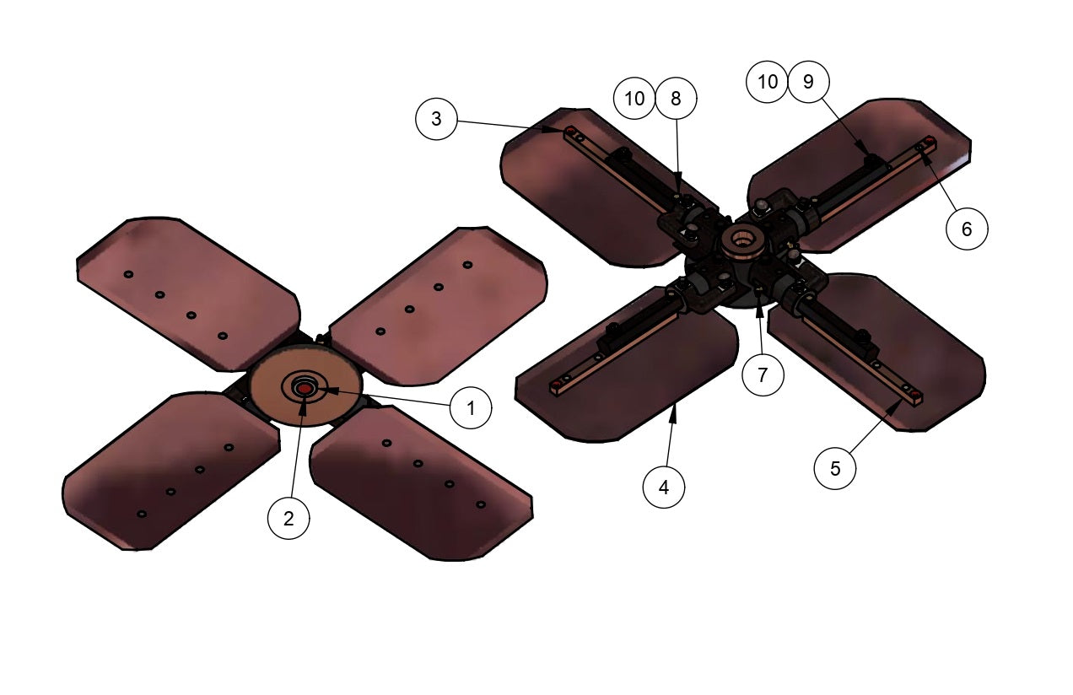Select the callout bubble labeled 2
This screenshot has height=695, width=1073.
289,519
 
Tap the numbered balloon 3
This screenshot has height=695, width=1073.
436,119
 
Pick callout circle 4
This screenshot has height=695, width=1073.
664,488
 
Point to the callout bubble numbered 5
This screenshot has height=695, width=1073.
835,469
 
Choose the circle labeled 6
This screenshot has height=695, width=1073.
967,228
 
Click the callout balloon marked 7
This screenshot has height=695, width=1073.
763,374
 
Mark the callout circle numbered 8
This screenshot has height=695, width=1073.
675,99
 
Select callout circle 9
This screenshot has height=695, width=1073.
808,82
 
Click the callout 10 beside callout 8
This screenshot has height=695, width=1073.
634,99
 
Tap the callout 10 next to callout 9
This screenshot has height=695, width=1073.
768,82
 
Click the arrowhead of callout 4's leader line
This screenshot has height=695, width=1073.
675,407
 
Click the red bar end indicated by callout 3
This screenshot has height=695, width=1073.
571,131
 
